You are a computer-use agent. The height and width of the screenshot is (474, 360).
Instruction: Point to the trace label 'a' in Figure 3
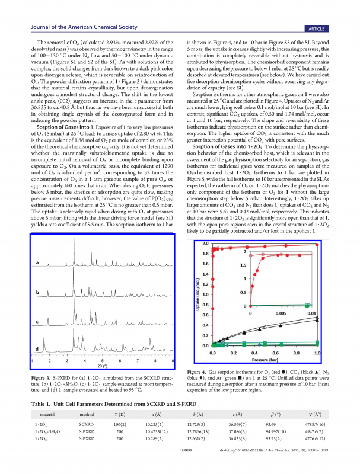coord(38,262)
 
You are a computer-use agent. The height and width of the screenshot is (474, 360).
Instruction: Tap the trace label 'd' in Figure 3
coord(38,349)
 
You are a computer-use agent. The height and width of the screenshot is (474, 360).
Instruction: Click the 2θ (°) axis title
coord(102,366)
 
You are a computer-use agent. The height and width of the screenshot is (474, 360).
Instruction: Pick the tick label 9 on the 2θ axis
coord(173,360)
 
